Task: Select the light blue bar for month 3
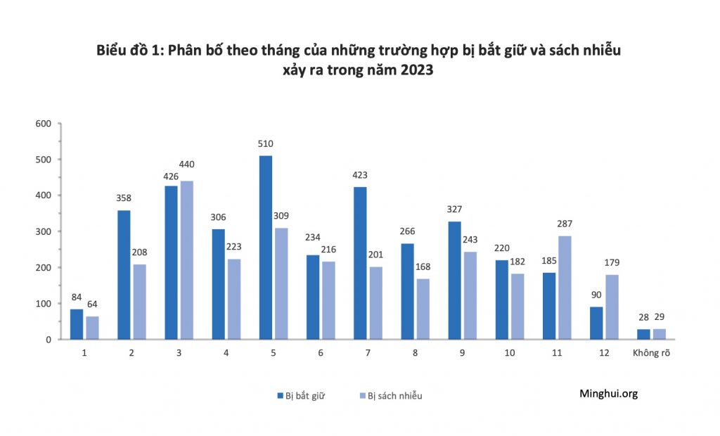tap(186, 260)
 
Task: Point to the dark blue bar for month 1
tap(77, 324)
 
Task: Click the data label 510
tap(265, 144)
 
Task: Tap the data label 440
tap(186, 165)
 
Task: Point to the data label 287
tap(565, 224)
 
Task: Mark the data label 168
tap(423, 267)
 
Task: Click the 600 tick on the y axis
tap(44, 124)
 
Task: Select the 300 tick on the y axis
tap(44, 231)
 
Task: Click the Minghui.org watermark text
tap(608, 394)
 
